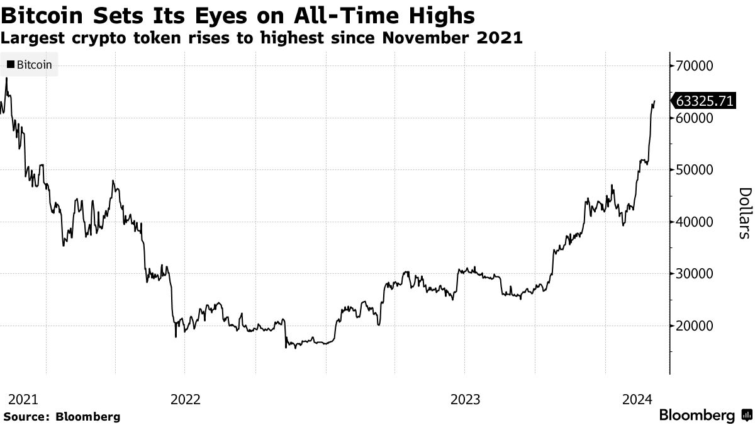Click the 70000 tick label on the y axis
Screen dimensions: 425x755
pos(693,66)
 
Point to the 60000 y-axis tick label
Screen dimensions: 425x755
pos(693,118)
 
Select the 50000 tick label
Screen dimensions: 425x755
pos(693,170)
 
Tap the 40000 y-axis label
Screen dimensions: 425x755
pos(693,222)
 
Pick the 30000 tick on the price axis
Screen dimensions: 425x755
pos(693,274)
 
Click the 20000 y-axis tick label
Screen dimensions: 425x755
pos(693,326)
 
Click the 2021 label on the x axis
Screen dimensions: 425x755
pos(23,399)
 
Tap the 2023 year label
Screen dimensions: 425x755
pos(465,399)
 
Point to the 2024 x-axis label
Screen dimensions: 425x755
pos(637,399)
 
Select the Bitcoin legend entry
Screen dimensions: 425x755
pos(30,64)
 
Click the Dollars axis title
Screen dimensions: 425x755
pos(744,213)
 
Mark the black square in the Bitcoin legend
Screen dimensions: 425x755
pos(11,64)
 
